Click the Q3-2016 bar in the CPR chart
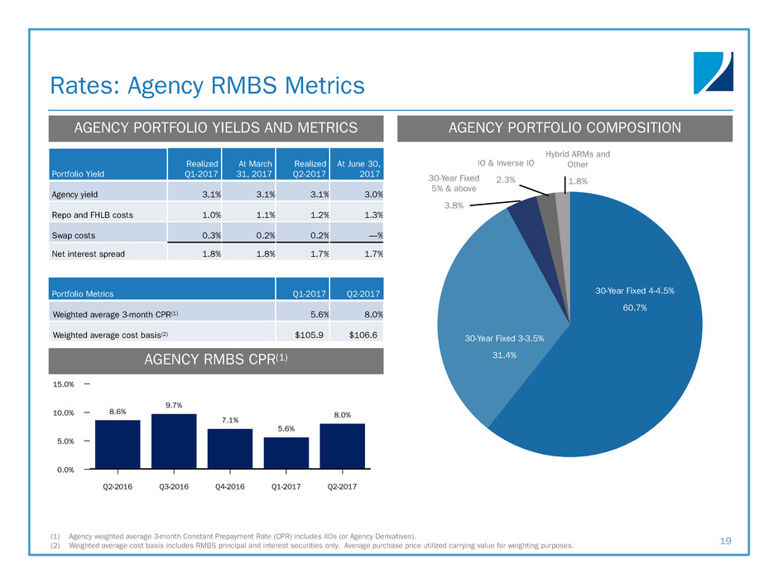174,441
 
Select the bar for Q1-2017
286,452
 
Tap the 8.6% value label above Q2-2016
118,410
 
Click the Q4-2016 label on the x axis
230,486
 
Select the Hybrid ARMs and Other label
578,158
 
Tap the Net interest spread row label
90,253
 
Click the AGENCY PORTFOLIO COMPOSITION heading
565,128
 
